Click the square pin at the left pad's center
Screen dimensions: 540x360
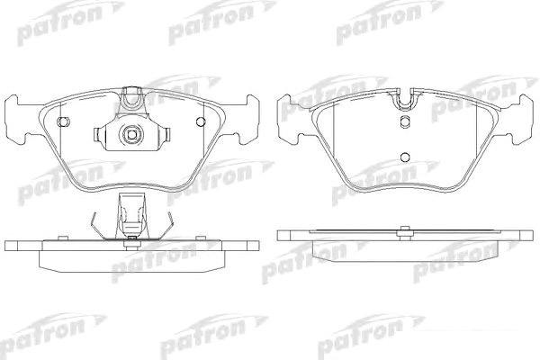click(x=131, y=133)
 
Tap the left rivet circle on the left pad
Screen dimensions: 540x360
click(x=63, y=121)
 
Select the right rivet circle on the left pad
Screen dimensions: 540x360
click(x=201, y=121)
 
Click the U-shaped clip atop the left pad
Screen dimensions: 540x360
click(x=132, y=97)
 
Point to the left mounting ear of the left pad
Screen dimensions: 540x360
click(x=16, y=120)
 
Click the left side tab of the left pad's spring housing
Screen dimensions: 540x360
click(x=97, y=134)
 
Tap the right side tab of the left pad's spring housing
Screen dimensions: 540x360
click(x=167, y=134)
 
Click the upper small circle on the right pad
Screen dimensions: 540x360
click(x=405, y=121)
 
